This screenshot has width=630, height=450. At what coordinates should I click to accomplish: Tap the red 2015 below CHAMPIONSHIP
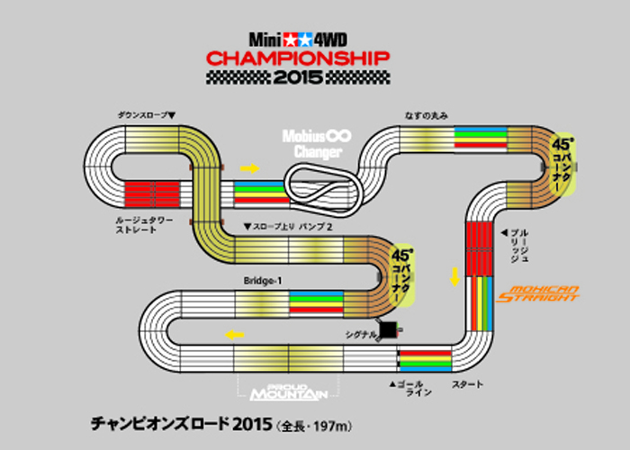[x=298, y=78]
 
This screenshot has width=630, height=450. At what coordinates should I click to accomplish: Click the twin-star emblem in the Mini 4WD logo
[x=298, y=40]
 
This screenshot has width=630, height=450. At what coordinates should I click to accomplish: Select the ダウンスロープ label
[x=147, y=115]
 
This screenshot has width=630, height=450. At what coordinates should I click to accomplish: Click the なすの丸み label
[x=427, y=115]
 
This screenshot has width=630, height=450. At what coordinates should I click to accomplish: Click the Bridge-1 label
[x=263, y=281]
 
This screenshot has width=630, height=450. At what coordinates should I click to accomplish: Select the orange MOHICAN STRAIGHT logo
[x=543, y=292]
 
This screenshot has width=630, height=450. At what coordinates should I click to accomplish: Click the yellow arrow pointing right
[x=249, y=168]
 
